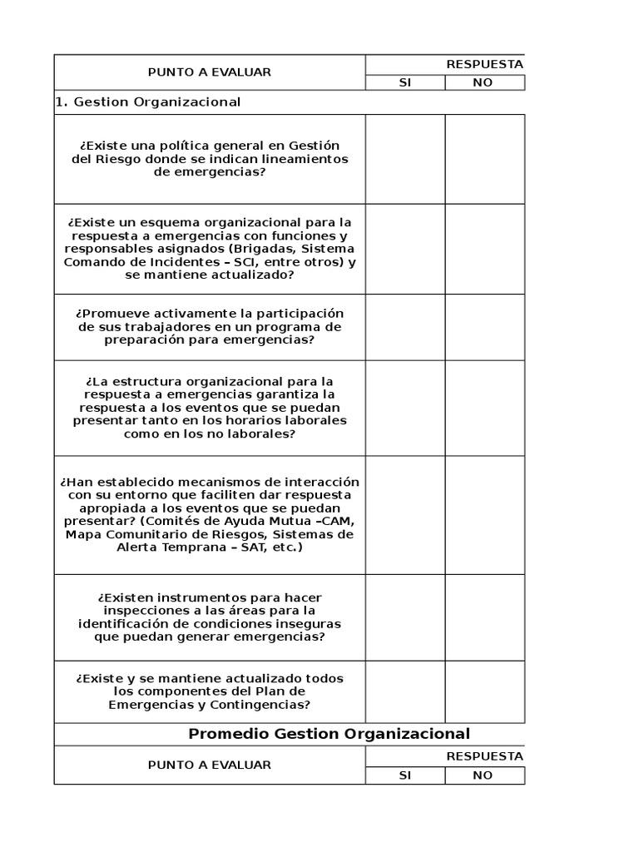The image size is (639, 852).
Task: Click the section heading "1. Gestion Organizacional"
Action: (148, 102)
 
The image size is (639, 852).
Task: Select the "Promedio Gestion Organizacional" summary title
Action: (329, 734)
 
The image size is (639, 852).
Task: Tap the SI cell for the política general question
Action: (404, 159)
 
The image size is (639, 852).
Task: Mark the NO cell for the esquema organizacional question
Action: (484, 249)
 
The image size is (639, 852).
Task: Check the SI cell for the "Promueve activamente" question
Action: (404, 327)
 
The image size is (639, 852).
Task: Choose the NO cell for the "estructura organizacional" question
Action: (484, 408)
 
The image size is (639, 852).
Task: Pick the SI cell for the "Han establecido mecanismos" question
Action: (404, 515)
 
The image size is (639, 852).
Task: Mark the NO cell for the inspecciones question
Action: (484, 617)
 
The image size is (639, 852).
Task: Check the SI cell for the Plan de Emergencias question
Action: (404, 691)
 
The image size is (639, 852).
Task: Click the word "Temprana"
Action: (167, 548)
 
